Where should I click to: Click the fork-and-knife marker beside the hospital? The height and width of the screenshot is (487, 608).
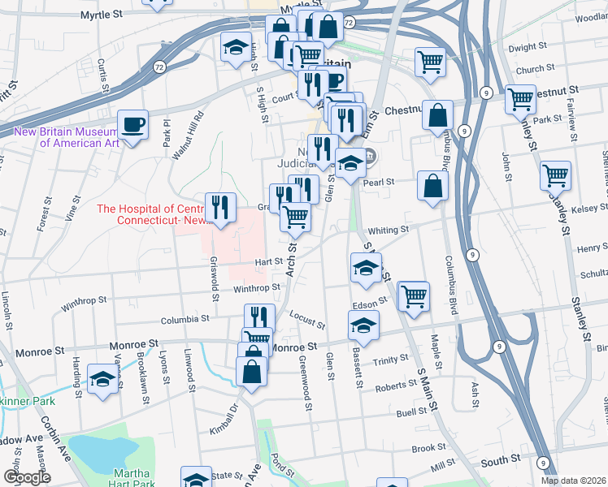pyautogui.click(x=220, y=208)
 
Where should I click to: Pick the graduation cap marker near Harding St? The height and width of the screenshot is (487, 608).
pyautogui.click(x=103, y=379)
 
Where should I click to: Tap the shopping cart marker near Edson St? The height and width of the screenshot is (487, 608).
pyautogui.click(x=415, y=295)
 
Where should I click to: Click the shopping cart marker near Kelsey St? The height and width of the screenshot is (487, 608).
pyautogui.click(x=557, y=174)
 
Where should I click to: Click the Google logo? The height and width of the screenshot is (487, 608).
pyautogui.click(x=27, y=477)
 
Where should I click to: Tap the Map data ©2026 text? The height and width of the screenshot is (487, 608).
pyautogui.click(x=574, y=481)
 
